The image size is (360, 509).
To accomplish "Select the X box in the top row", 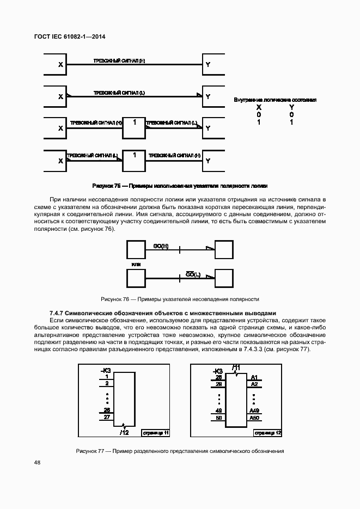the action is pos(53,65).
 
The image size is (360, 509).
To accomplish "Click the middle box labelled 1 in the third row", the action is pos(134,128).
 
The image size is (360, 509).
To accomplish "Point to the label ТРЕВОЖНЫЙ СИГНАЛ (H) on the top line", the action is pos(119,60).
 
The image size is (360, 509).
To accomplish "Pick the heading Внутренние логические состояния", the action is pos(275,100).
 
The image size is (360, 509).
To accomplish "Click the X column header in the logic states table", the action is pos(259,108).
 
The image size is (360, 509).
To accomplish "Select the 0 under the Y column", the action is pos(291,115).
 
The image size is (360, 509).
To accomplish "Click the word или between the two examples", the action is pos(136,264).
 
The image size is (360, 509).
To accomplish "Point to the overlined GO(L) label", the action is pos(193,274).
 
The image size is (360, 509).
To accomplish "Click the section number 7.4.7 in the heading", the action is pos(57,313).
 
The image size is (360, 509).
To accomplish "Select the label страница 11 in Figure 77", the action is pos(156,433).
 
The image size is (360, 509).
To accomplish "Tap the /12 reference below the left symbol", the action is pos(124,432).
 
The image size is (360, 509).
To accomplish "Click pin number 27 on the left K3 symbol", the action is pos(107,416).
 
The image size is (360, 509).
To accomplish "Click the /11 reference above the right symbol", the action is pos(236,366).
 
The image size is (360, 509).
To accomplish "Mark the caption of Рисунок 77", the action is pos(180,451).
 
